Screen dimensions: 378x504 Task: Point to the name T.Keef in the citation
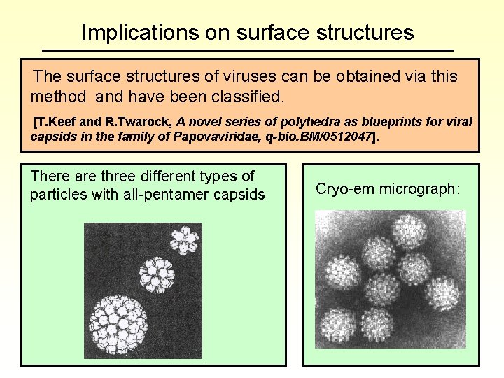pos(57,122)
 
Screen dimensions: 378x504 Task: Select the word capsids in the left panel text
pos(242,194)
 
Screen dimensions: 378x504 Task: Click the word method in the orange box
pos(56,94)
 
